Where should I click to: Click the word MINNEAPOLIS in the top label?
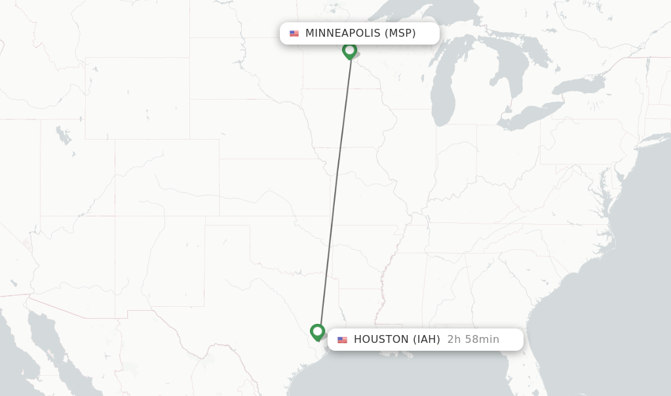342,33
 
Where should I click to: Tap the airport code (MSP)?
400,33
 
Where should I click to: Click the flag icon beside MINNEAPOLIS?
294,33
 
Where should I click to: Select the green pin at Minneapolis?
349,50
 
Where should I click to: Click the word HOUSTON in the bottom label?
381,340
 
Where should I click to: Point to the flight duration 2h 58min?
473,340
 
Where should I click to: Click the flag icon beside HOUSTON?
342,340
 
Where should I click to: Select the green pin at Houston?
318,332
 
